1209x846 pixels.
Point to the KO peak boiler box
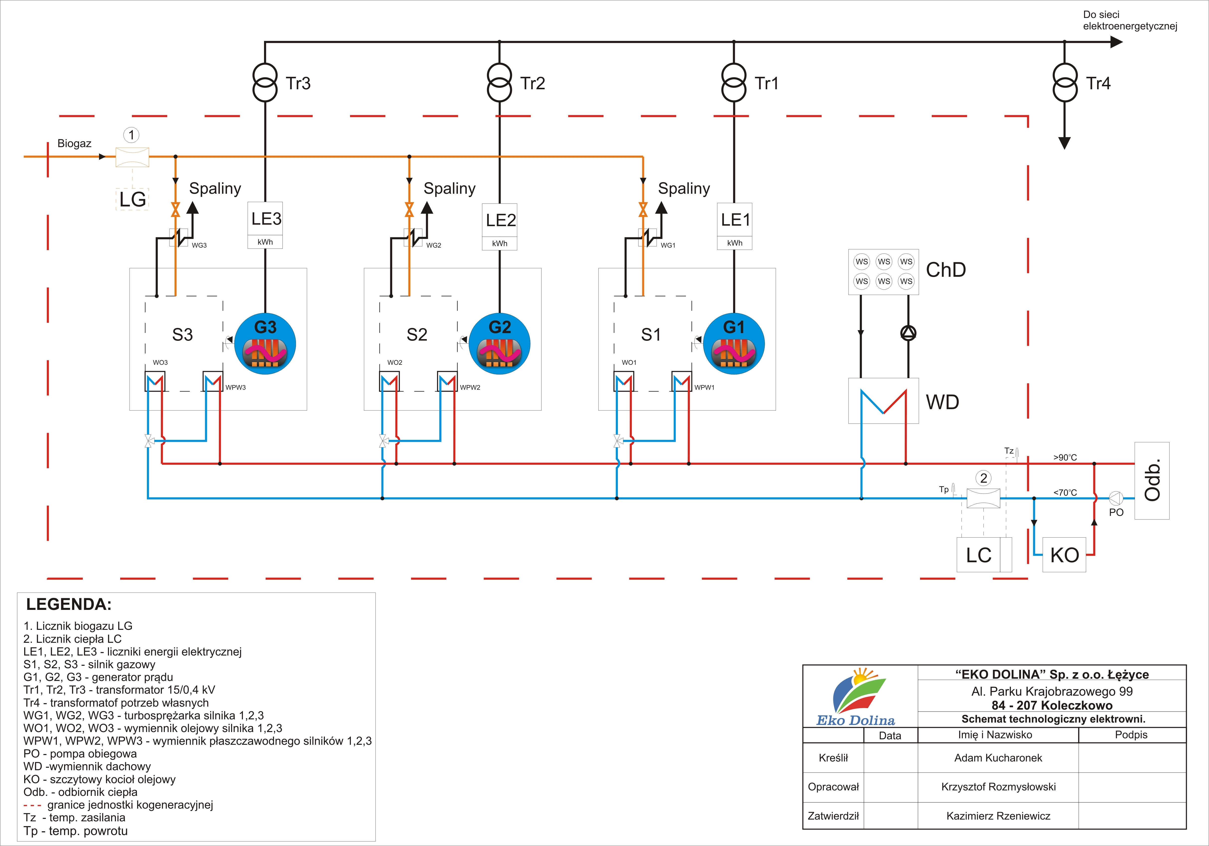coord(1064,555)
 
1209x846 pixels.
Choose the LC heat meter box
coord(979,555)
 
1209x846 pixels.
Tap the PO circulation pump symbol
coord(1116,498)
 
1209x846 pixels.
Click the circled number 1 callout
coord(132,135)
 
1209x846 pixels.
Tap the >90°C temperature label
coord(1065,458)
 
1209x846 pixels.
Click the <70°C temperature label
coord(1065,493)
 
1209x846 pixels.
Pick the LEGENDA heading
coord(69,604)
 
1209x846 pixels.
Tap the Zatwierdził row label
coord(833,816)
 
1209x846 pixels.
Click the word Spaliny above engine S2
coord(449,188)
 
